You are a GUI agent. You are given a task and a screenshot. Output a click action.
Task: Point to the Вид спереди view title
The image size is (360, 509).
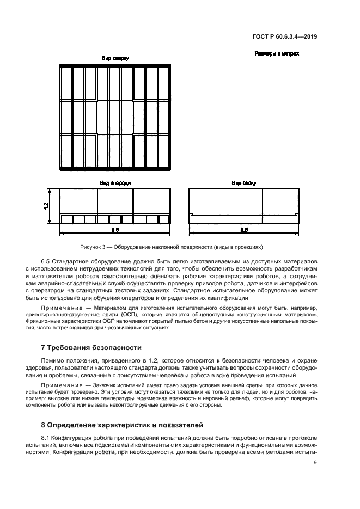tap(115, 183)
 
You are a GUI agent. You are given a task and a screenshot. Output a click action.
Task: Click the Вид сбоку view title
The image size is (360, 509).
tap(243, 183)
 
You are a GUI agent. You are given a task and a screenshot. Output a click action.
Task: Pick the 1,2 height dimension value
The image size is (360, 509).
tap(46, 206)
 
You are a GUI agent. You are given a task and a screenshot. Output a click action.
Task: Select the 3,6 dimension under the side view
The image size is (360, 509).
tap(244, 231)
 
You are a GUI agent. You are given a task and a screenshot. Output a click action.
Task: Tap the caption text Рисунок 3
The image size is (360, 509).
tap(92, 246)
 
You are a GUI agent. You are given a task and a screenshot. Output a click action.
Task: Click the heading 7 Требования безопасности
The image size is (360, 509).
tap(91, 347)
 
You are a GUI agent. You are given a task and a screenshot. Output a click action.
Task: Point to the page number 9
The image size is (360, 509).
tap(315, 463)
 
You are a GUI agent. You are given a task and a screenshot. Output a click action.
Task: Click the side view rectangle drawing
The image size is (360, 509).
tap(243, 206)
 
